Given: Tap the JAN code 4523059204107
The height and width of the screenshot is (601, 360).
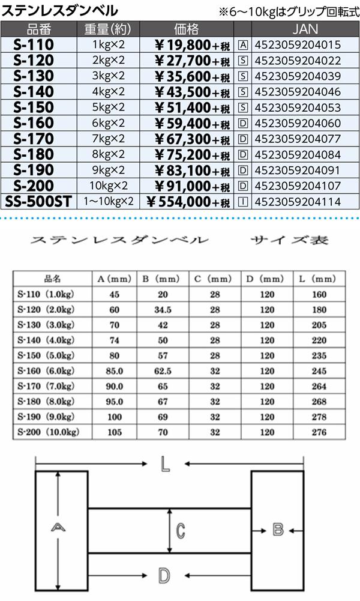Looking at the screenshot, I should tap(298, 186).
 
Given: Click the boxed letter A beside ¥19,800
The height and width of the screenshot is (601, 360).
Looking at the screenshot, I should tap(243, 44).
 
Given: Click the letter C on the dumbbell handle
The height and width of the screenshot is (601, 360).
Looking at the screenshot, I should tap(180, 530).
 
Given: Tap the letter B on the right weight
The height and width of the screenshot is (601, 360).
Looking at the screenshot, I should tap(277, 530).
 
